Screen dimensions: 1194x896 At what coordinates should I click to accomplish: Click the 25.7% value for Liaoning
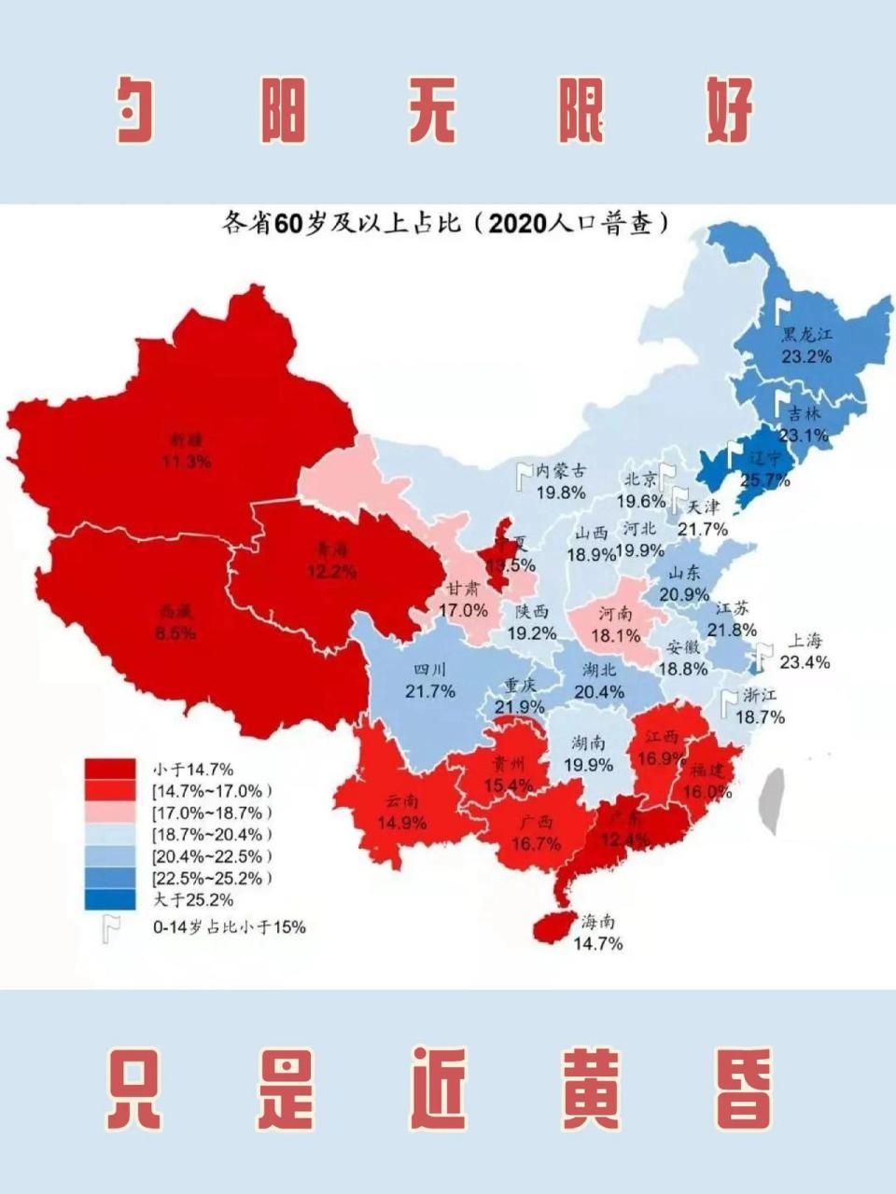tap(765, 480)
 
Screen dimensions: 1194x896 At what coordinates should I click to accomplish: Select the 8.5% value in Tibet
tap(175, 633)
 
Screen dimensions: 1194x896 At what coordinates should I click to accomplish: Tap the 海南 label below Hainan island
tap(598, 922)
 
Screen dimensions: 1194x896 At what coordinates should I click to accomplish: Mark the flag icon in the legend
tap(113, 927)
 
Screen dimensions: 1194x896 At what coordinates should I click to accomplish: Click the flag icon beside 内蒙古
tap(524, 477)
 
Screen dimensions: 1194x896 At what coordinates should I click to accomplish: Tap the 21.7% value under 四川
tap(430, 691)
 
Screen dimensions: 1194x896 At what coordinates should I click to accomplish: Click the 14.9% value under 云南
tap(402, 823)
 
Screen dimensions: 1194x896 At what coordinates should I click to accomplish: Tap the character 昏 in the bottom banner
tap(745, 1088)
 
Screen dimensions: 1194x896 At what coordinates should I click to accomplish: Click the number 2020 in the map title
tap(522, 225)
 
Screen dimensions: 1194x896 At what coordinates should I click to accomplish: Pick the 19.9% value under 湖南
tap(588, 765)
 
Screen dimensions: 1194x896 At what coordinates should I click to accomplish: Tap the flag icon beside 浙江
tap(728, 703)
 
